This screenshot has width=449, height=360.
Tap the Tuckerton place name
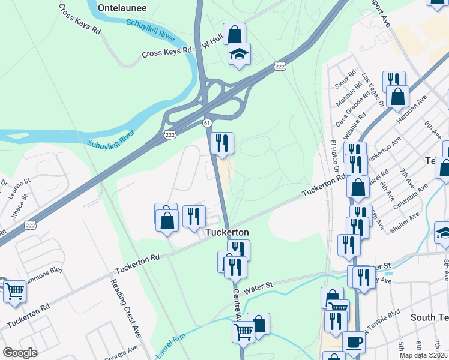coord(227,232)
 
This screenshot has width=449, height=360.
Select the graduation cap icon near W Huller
coord(239,55)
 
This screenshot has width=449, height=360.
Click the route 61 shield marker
coord(206,122)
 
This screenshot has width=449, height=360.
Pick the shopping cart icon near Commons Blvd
coord(15,292)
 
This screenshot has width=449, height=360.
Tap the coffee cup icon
coord(354,343)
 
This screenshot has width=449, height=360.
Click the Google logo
coord(20,353)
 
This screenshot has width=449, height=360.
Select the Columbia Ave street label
coord(414,195)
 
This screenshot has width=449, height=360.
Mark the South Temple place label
coord(429,316)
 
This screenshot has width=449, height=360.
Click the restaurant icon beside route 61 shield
coord(222,143)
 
